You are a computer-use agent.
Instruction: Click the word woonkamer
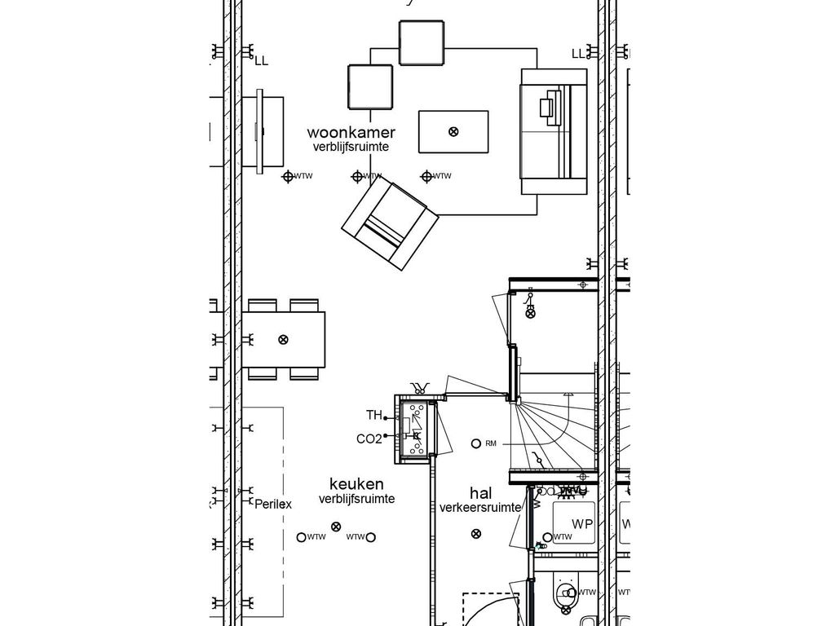351,132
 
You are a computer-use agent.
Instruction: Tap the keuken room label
356,484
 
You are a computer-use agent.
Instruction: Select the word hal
481,493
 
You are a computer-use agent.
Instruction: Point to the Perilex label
272,504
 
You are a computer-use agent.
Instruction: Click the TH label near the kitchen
373,415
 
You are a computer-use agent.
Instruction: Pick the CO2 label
369,439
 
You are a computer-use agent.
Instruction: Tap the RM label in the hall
491,444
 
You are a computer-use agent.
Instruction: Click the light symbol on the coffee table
454,131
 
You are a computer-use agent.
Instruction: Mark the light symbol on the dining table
283,339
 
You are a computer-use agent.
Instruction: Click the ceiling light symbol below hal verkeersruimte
477,534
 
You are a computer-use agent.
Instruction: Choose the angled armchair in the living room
390,224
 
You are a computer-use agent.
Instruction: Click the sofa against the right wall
554,130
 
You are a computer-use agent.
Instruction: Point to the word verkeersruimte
481,508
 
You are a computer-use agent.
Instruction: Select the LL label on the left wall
261,60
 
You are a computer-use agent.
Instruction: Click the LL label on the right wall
578,54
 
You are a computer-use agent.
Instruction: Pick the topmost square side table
422,42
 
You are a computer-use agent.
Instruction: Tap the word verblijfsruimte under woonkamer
351,148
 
